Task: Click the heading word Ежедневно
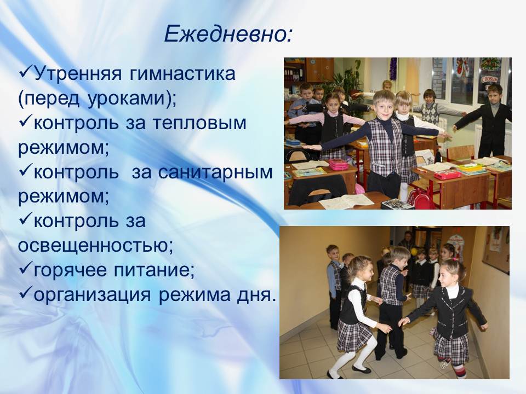coord(225,34)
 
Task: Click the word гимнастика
coord(182,74)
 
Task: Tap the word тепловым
coord(199,123)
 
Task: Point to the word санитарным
coord(215,172)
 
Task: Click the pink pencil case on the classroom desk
coord(338,165)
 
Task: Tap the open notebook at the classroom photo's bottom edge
coord(346,201)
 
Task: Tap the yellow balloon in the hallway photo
coord(414,251)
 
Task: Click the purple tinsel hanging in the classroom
coord(393,68)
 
